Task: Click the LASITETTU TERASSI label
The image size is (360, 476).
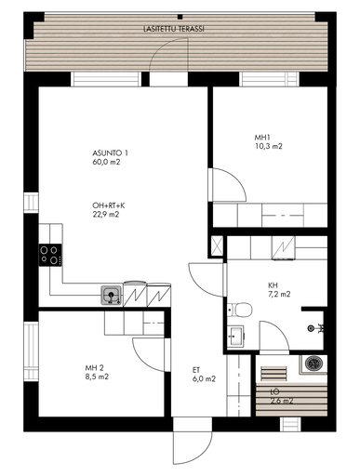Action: pos(174,29)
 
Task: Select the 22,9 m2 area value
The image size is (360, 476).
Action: pos(106,215)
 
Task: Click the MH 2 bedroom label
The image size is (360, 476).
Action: pos(95,368)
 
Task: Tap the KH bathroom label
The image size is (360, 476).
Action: pos(273,285)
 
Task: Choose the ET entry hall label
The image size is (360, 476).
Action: pos(196,370)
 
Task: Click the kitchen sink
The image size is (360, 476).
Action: pos(112,296)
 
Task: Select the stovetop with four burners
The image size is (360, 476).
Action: pos(50,255)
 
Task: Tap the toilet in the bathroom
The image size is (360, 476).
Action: pos(240,310)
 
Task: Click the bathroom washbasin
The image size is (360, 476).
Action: pos(235,336)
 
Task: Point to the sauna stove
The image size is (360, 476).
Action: pos(313,363)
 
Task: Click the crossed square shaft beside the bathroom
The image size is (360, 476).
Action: pos(217,246)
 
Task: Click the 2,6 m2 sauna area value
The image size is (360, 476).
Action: pos(282,401)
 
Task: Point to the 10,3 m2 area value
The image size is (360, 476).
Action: pos(269,146)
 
